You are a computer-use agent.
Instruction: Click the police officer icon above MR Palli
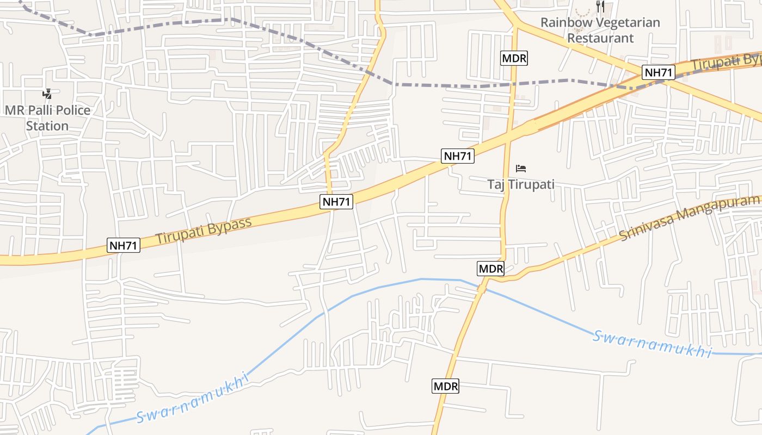coord(48,94)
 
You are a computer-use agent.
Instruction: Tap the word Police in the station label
coord(70,110)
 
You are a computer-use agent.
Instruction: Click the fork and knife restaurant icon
coord(600,7)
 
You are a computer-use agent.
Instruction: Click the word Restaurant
coord(600,38)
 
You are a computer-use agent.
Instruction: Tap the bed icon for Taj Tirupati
coord(521,168)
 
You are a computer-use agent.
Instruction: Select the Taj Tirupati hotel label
coord(521,184)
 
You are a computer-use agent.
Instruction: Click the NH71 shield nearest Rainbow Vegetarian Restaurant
coord(659,72)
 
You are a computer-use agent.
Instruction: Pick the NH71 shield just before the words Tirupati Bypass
coord(124,245)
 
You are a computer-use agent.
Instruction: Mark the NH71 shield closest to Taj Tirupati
coord(458,156)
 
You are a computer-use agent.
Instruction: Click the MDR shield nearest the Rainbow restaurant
coord(514,58)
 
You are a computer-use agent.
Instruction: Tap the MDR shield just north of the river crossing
coord(491,268)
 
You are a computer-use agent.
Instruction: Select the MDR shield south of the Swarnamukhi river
coord(446,386)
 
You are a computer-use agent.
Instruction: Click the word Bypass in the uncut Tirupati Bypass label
coord(229,226)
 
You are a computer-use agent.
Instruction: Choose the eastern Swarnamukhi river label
coord(652,344)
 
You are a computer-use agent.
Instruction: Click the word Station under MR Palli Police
coord(47,126)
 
